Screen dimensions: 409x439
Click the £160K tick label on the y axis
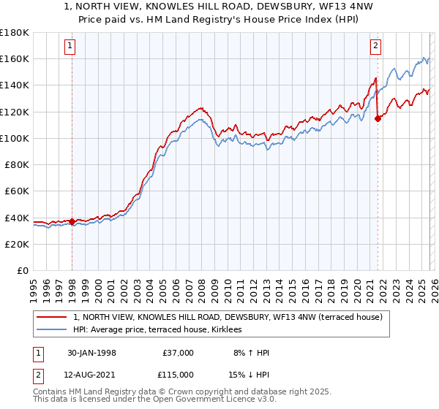(15, 58)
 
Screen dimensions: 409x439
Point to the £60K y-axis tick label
(17, 191)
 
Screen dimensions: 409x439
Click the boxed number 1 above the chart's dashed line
(71, 46)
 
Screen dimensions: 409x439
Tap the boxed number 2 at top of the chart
(375, 46)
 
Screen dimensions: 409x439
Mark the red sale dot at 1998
(72, 221)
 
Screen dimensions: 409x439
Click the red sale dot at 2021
(378, 118)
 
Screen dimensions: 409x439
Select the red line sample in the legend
(53, 317)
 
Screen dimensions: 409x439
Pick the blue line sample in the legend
(53, 330)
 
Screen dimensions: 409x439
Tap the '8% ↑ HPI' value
(249, 353)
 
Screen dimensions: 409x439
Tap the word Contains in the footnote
(51, 392)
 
